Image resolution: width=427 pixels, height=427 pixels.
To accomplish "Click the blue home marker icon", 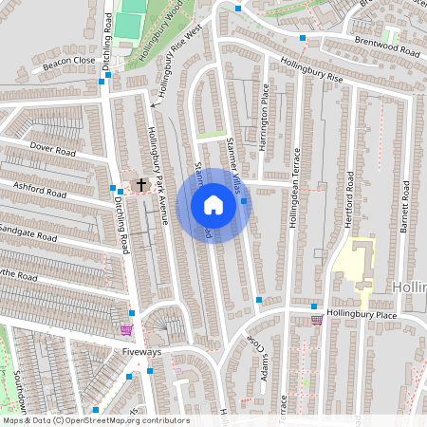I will [213, 205].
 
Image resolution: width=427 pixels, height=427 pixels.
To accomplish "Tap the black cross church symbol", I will [142, 183].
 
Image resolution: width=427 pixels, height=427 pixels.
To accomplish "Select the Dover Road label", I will [51, 150].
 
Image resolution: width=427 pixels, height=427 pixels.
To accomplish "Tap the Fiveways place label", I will [141, 352].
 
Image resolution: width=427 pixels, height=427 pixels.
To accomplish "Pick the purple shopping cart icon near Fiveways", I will [126, 330].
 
